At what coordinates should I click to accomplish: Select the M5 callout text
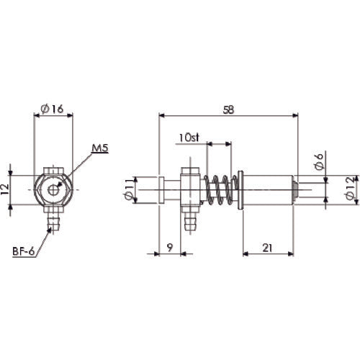(x=100, y=149)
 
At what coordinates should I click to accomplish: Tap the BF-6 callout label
(x=24, y=253)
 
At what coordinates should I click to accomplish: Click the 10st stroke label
(x=189, y=137)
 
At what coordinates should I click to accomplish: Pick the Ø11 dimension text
(x=130, y=190)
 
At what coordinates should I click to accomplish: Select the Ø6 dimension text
(x=319, y=163)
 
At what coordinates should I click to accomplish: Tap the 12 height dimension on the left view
(x=6, y=189)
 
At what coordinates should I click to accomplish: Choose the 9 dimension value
(x=168, y=247)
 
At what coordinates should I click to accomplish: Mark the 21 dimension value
(x=266, y=247)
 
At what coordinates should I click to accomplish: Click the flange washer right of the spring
(x=239, y=191)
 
